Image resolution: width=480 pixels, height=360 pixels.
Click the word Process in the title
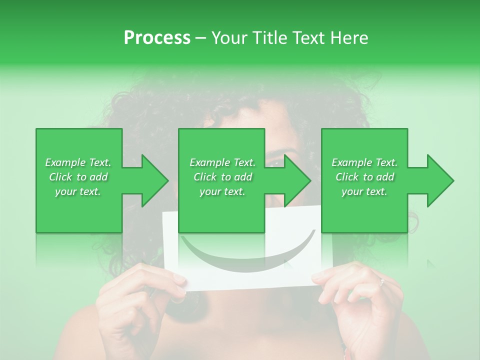157,38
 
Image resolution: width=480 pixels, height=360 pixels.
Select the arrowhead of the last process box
440,180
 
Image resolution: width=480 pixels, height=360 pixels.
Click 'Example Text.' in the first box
78,162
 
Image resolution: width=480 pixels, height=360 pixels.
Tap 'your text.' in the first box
78,191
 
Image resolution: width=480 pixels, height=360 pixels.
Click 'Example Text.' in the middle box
222,162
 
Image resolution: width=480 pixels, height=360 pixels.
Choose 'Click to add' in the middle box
222,177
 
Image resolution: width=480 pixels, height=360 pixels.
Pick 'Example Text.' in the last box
364,162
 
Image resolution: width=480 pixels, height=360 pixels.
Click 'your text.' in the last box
364,191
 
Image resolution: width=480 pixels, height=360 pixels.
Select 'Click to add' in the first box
78,177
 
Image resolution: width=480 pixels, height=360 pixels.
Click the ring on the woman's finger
382,282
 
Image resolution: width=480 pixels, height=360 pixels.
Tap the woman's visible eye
276,161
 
